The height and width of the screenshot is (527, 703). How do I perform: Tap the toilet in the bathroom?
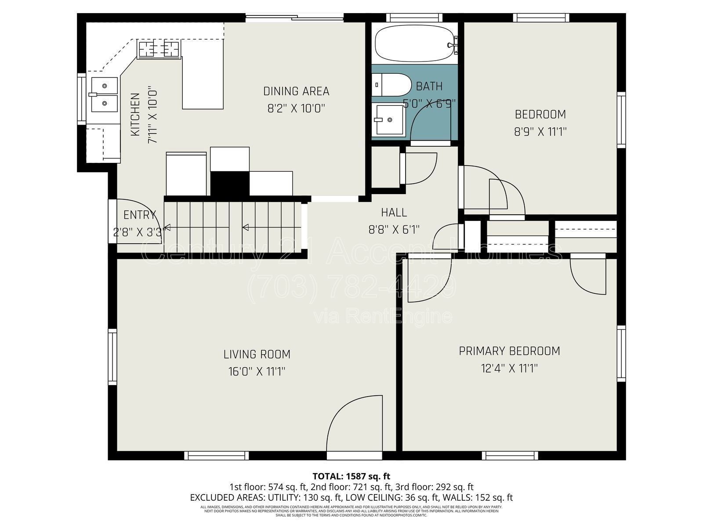pos(391,84)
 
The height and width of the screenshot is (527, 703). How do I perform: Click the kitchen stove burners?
pos(159,48)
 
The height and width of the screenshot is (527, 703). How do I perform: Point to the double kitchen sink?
pos(104,94)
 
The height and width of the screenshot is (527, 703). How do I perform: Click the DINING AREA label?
pos(296,91)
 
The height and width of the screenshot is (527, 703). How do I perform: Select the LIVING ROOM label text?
pos(257,354)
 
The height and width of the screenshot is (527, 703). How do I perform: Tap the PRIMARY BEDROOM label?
pos(509,351)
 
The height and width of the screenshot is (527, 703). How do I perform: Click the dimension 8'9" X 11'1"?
pos(540,131)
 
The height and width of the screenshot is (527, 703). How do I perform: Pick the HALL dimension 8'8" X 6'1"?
pos(394,229)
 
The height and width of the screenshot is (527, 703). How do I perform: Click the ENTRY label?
pos(139,215)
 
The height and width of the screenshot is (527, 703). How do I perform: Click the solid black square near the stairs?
pos(230,183)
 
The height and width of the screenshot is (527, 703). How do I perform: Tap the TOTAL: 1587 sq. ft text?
pos(351,476)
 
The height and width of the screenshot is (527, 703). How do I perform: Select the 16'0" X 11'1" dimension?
pos(257,372)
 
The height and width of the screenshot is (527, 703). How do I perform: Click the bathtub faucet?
pos(453,45)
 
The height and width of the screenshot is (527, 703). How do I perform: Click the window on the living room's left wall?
pos(113,358)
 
